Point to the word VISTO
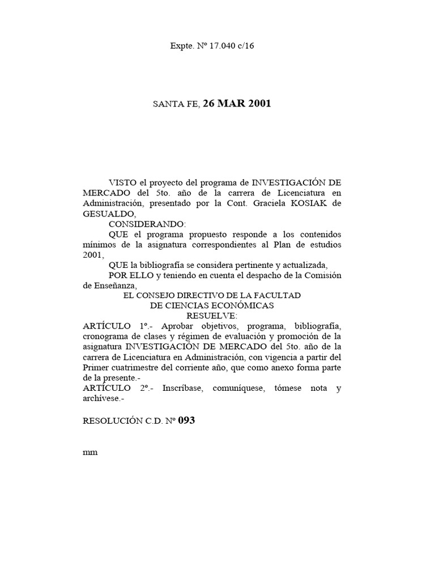(123, 184)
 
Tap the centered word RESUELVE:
(212, 315)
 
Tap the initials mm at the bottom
(90, 453)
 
